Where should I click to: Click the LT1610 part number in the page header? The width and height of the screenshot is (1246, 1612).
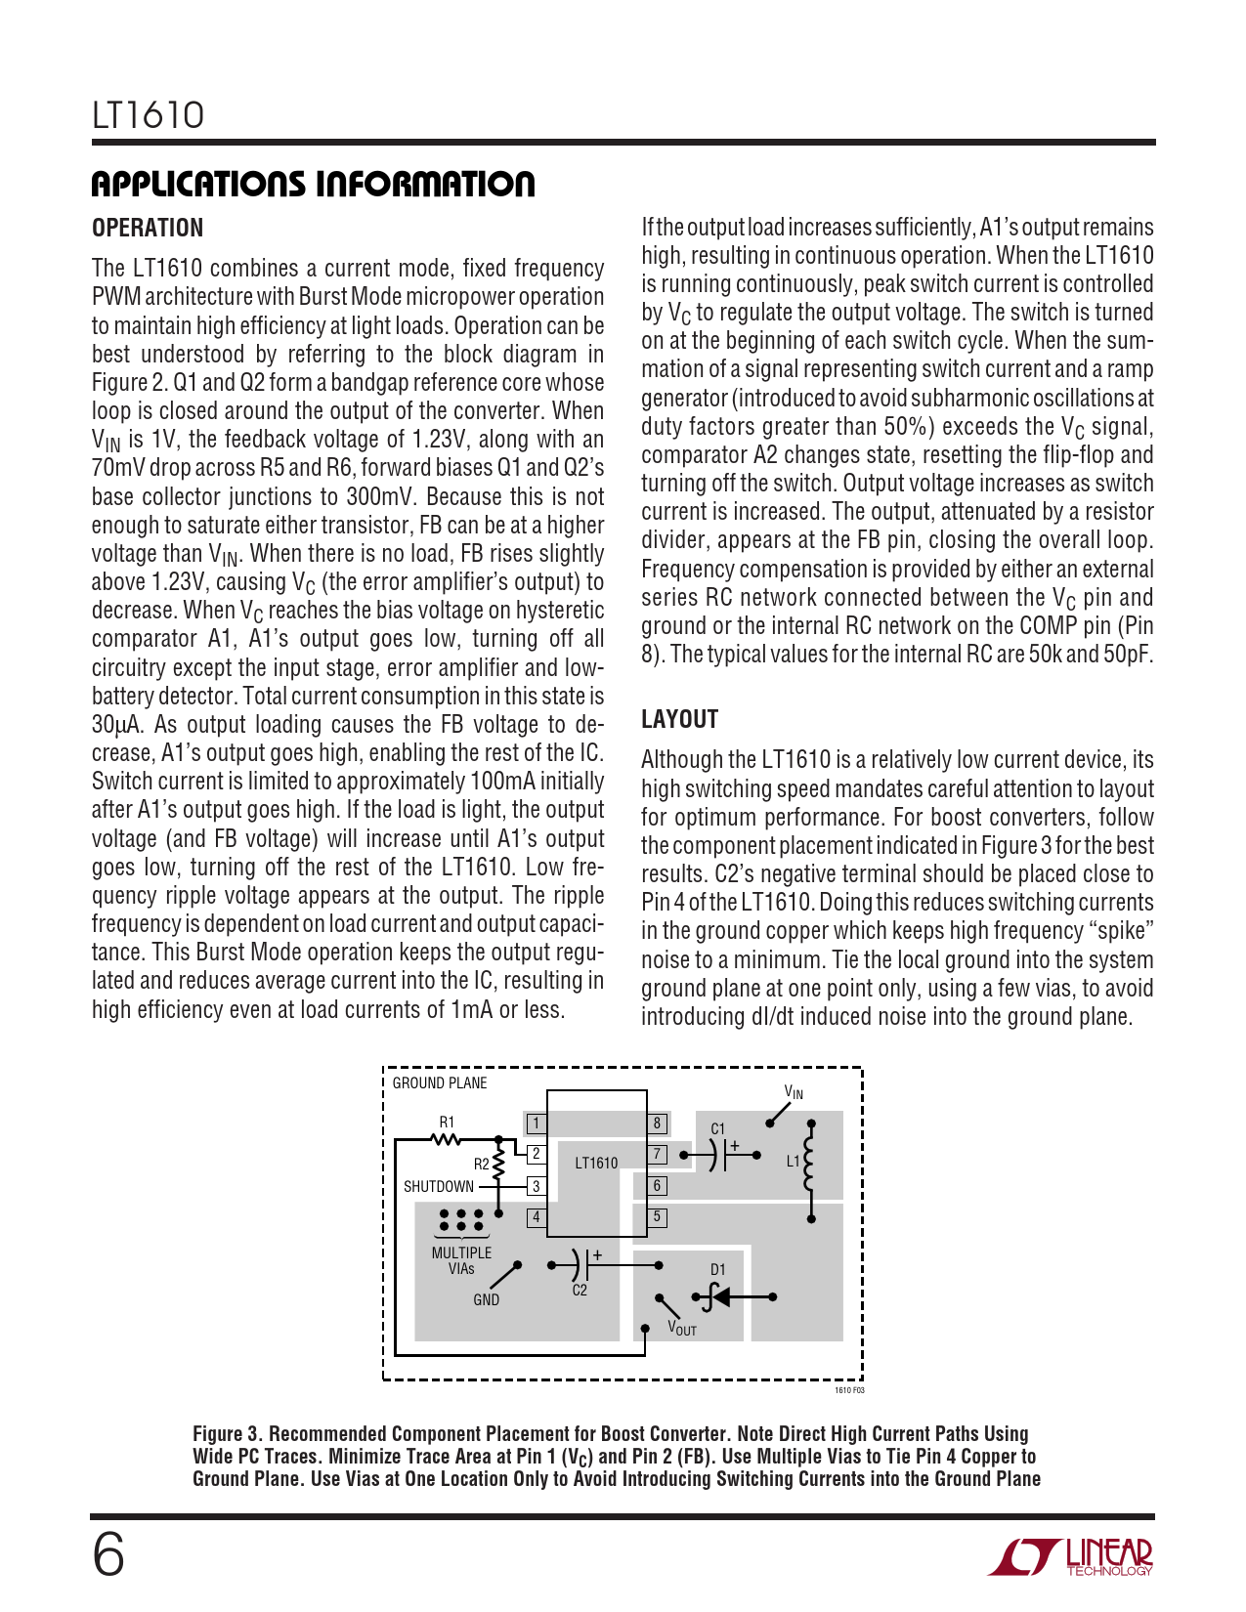pos(149,115)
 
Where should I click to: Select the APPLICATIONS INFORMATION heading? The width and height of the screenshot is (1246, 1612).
pos(313,184)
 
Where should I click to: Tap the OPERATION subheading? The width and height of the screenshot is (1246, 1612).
pos(148,228)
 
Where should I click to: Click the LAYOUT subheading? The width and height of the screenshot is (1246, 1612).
pos(679,719)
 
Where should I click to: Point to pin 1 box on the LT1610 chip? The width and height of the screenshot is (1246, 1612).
pos(536,1124)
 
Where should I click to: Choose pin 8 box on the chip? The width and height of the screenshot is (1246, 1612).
pos(657,1124)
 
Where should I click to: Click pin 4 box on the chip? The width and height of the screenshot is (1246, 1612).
pos(536,1217)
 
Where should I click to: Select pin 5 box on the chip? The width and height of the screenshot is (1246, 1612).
pos(657,1217)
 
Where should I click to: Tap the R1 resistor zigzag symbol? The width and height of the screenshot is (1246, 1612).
pos(446,1139)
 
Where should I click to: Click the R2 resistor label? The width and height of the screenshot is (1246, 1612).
pos(481,1165)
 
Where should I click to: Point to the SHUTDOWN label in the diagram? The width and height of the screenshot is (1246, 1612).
pos(439,1187)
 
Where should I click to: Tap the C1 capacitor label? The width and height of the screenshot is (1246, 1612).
pos(718,1129)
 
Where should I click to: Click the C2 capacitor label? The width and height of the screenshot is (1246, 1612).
pos(580,1291)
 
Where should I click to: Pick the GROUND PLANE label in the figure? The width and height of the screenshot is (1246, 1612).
pos(440,1083)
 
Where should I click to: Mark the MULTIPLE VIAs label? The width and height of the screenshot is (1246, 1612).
pos(461,1260)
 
